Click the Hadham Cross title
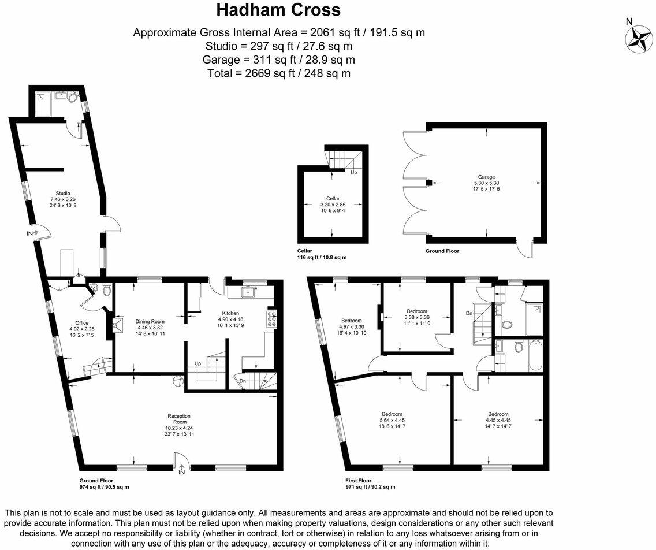[278, 10]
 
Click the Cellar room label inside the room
[331, 198]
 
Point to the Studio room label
[62, 193]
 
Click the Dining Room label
[150, 321]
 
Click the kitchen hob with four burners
[271, 318]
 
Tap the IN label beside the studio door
[29, 233]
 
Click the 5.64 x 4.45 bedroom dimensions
[392, 420]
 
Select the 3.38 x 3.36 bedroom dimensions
[416, 317]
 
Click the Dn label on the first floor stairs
[469, 313]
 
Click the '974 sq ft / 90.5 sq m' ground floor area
[104, 487]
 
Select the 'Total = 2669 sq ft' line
[278, 73]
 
